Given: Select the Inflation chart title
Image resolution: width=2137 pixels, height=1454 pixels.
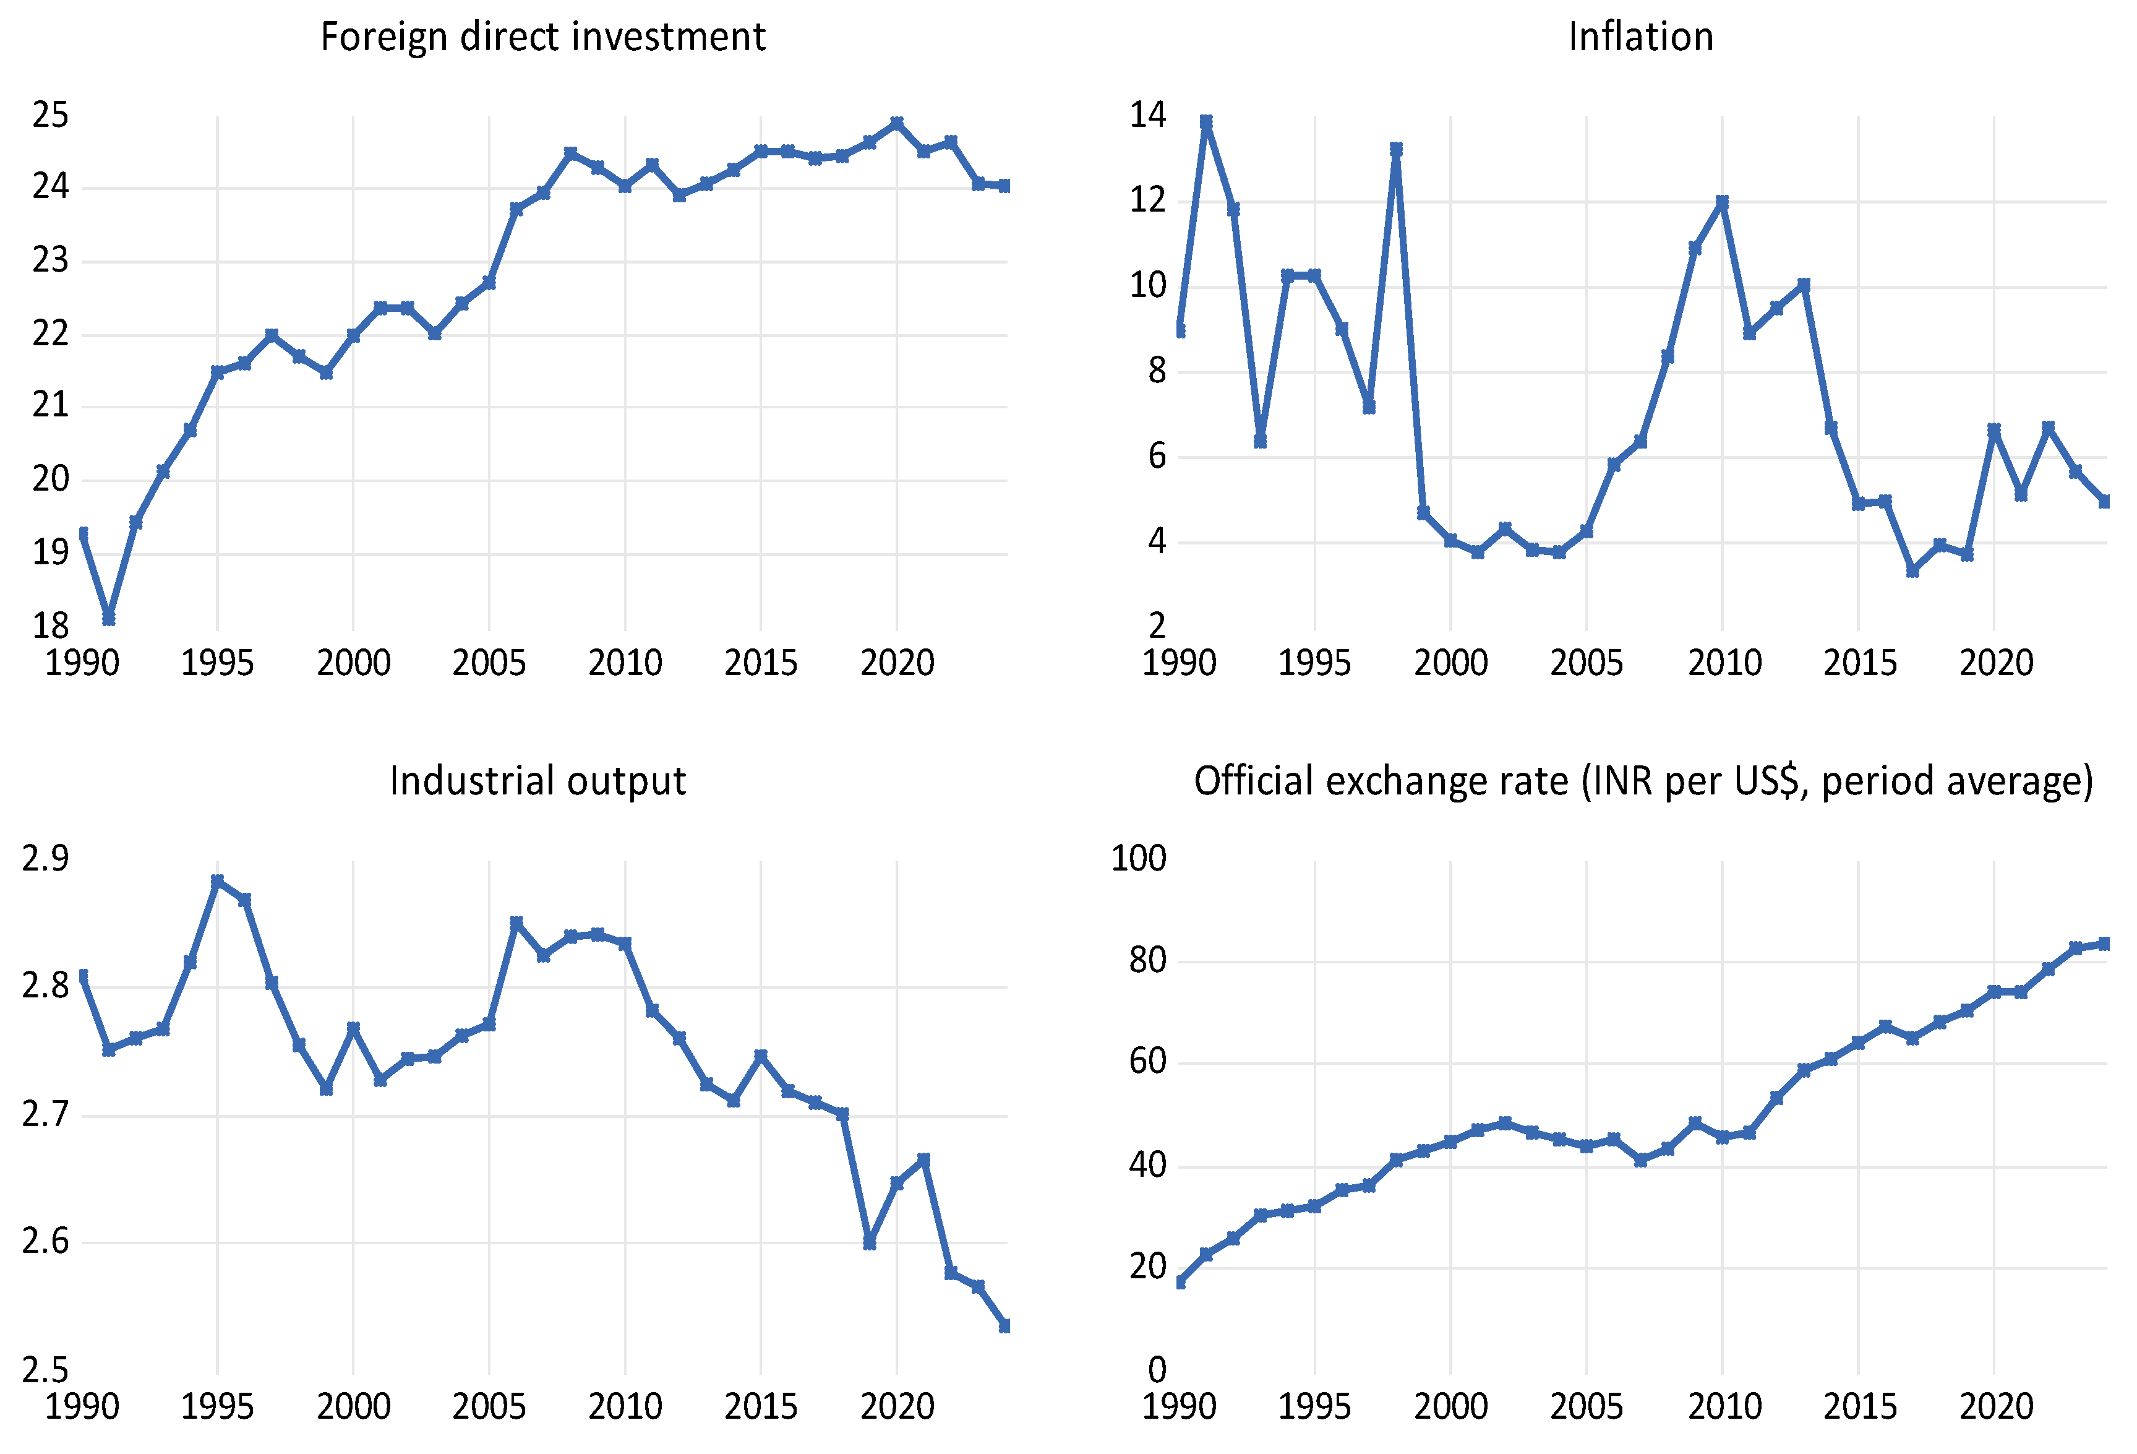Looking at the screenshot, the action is click(x=1640, y=37).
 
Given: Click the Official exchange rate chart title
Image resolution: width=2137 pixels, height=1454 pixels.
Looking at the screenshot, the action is click(x=1643, y=781).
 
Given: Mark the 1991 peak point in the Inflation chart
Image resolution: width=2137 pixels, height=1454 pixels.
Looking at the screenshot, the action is click(x=1206, y=121).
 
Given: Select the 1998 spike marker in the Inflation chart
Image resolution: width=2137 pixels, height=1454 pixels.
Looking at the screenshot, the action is click(x=1396, y=148).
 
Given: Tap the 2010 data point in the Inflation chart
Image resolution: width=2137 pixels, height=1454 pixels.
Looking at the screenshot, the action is click(x=1723, y=202).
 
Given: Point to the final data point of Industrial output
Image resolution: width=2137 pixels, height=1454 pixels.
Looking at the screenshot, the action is click(x=1005, y=1326).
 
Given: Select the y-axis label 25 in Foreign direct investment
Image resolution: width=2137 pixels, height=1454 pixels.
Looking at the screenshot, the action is click(x=51, y=115).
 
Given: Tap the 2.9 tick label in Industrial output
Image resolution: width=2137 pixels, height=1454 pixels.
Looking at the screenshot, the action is click(x=45, y=859).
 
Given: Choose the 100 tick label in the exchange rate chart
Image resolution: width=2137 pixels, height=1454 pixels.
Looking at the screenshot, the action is click(x=1138, y=859).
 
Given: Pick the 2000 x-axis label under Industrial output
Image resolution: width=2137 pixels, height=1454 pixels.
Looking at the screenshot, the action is click(x=354, y=1407).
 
